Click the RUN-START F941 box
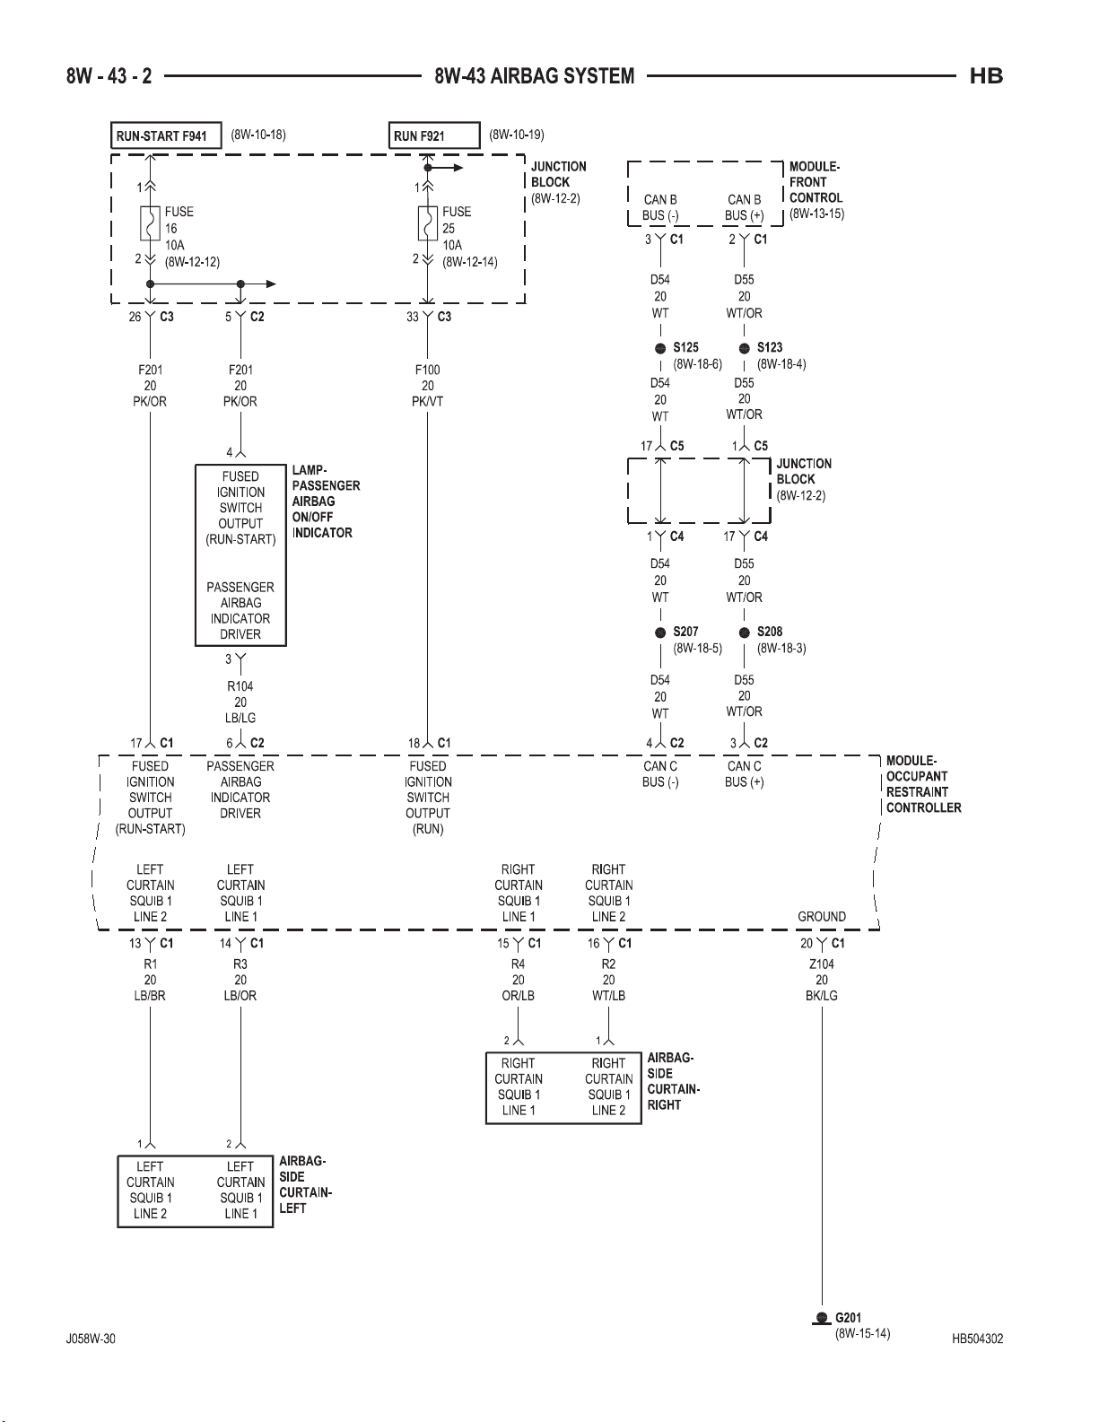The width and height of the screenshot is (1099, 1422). coord(166,136)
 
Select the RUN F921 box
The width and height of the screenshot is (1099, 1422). coord(434,136)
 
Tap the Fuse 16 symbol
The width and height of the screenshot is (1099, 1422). coord(150,223)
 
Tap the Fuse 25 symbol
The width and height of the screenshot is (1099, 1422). coord(428,223)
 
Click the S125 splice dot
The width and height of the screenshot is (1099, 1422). coord(660,349)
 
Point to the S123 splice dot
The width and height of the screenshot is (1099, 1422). coord(744,349)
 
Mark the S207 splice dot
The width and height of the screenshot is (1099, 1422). coord(660,632)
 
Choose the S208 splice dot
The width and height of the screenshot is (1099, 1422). coord(744,632)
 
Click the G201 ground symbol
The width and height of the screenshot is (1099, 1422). coord(822,1318)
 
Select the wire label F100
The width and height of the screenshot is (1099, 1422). coord(428,370)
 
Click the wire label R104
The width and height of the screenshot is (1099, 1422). coord(240,687)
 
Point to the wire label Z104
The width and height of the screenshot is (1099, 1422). coord(822,964)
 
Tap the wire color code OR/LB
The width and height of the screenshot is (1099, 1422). coord(519,996)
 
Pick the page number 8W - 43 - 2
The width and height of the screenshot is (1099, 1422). coord(109,76)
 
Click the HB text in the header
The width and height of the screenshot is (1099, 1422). coord(986,76)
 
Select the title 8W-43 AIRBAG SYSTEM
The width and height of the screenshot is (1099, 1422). coord(535,76)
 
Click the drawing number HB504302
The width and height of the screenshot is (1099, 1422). coord(978,1339)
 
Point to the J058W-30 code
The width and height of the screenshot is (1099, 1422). coord(91,1339)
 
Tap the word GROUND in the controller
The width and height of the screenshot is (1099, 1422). coord(822,917)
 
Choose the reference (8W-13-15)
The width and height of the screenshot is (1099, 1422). coord(816,214)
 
